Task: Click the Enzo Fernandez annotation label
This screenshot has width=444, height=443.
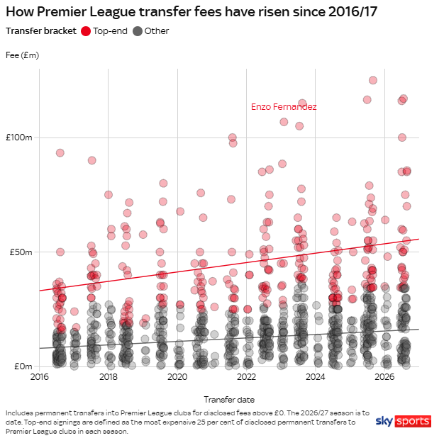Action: (284, 107)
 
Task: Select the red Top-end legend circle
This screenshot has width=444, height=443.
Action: (86, 31)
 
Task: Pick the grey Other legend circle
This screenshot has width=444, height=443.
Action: (138, 31)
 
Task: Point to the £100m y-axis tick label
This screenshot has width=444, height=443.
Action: (19, 138)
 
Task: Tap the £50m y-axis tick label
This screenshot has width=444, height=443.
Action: (21, 252)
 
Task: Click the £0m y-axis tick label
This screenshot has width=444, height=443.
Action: (23, 366)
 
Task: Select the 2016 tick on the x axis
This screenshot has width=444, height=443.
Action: (39, 377)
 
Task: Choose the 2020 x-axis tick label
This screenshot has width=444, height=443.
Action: (177, 377)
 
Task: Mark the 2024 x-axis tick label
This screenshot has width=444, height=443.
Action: (316, 377)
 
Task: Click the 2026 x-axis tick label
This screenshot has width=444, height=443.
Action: (384, 377)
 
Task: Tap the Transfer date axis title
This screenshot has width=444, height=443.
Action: (229, 400)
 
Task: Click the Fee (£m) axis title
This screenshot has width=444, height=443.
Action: (23, 55)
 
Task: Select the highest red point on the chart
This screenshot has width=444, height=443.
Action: (373, 80)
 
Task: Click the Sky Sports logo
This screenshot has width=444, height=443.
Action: (404, 421)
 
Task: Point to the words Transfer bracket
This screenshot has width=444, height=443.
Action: (41, 31)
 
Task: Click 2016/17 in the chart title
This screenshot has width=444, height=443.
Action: (353, 12)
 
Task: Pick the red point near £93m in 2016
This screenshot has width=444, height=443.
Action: (60, 153)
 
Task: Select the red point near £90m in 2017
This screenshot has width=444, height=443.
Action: (91, 160)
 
